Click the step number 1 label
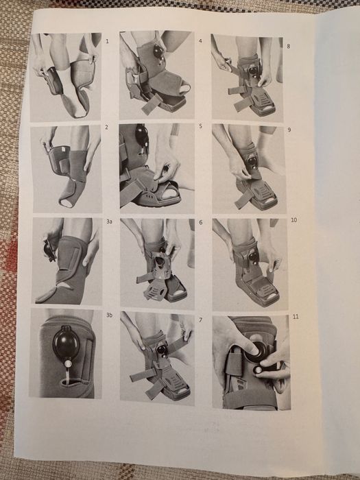pos(107,41)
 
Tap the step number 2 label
pos(106,127)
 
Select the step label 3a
pos(109,221)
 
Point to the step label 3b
pos(109,315)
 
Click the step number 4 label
pos(200,40)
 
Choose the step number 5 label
pos(200,125)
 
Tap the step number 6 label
pos(201,222)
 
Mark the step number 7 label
pos(200,320)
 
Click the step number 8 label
pos(288,46)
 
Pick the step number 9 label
pos(289,130)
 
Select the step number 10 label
pos(294,220)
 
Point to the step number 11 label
pos(296,317)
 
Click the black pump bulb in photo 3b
pos(66,343)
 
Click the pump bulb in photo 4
pos(158,52)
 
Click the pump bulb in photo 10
pos(253,255)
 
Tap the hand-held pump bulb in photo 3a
pos(49,250)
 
